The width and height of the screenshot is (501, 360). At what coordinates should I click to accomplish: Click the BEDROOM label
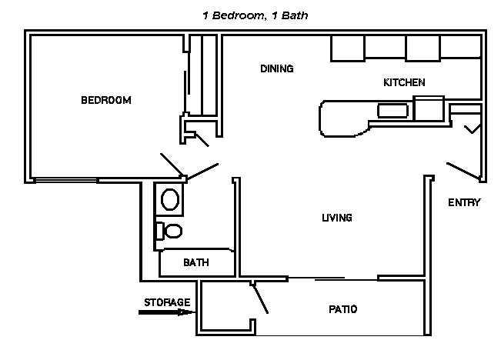tap(106, 100)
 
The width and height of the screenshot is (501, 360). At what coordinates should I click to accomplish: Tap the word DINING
tap(277, 68)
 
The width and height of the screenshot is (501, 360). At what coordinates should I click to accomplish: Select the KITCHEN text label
tap(404, 82)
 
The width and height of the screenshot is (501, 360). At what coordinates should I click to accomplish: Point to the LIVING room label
tap(337, 218)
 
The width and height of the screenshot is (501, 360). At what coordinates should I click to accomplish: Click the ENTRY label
tap(464, 202)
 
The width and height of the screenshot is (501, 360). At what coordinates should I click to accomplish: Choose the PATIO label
tap(342, 309)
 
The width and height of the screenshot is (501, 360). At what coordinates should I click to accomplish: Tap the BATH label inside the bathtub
tap(196, 262)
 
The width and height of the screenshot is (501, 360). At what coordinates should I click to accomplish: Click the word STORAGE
tap(167, 302)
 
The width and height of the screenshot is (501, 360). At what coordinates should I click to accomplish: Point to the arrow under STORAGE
tap(167, 312)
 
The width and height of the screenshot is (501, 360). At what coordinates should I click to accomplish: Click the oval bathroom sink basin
tap(169, 199)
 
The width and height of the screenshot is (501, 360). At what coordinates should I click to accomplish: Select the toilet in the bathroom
tap(169, 231)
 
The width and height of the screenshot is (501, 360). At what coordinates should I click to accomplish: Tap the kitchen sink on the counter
tap(392, 111)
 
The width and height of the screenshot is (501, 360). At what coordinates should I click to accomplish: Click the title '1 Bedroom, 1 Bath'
tap(256, 15)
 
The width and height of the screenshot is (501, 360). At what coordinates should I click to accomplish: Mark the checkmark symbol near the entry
tap(473, 128)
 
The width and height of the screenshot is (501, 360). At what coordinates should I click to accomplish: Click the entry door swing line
tap(463, 171)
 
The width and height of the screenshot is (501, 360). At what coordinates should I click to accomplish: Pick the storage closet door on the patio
tap(260, 298)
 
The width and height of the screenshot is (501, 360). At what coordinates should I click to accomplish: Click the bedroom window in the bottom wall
tap(66, 181)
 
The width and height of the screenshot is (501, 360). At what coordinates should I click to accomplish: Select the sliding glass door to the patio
tap(332, 279)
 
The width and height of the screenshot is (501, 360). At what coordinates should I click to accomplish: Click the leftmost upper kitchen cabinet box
tap(348, 48)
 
